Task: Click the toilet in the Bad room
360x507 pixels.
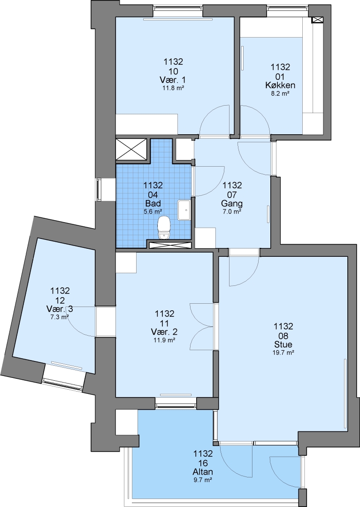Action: pos(164,227)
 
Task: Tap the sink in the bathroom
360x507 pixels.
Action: pos(184,210)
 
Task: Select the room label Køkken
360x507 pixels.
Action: pos(280,85)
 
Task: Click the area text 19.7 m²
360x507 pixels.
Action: pos(283,353)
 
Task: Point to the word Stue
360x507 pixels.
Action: pos(283,344)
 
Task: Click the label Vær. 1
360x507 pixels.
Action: pos(173,80)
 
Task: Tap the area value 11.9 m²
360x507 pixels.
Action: pos(164,340)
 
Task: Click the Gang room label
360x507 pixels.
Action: pos(232,204)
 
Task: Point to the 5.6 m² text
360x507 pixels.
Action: pos(153,212)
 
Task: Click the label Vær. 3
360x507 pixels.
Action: pos(60,309)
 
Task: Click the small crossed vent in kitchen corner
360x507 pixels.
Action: pos(317,20)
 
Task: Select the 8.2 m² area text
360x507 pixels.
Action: pos(280,94)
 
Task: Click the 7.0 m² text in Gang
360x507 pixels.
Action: pos(232,212)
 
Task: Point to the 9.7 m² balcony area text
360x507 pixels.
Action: pos(203,480)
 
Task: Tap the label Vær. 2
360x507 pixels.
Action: pos(164,332)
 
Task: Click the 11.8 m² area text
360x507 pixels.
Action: pos(173,88)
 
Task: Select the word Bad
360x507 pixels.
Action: pos(153,204)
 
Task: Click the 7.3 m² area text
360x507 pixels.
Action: pos(60,317)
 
